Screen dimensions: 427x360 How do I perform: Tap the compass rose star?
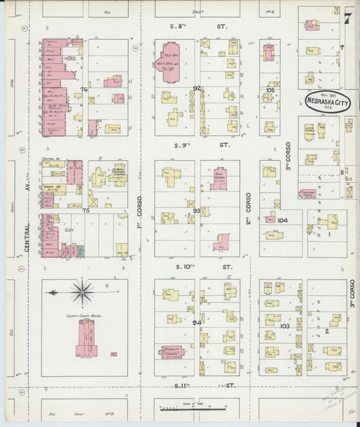point(82,293)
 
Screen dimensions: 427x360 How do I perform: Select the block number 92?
point(197,89)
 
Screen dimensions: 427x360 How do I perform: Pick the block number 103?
point(284,326)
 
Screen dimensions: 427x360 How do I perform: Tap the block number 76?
point(84,89)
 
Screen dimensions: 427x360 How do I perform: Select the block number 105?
point(270,89)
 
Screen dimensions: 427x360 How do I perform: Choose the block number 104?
point(282,220)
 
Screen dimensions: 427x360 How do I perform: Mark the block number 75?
point(86,211)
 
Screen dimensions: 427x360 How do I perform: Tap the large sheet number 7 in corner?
point(346,18)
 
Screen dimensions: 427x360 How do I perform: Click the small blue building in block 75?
point(81,250)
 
